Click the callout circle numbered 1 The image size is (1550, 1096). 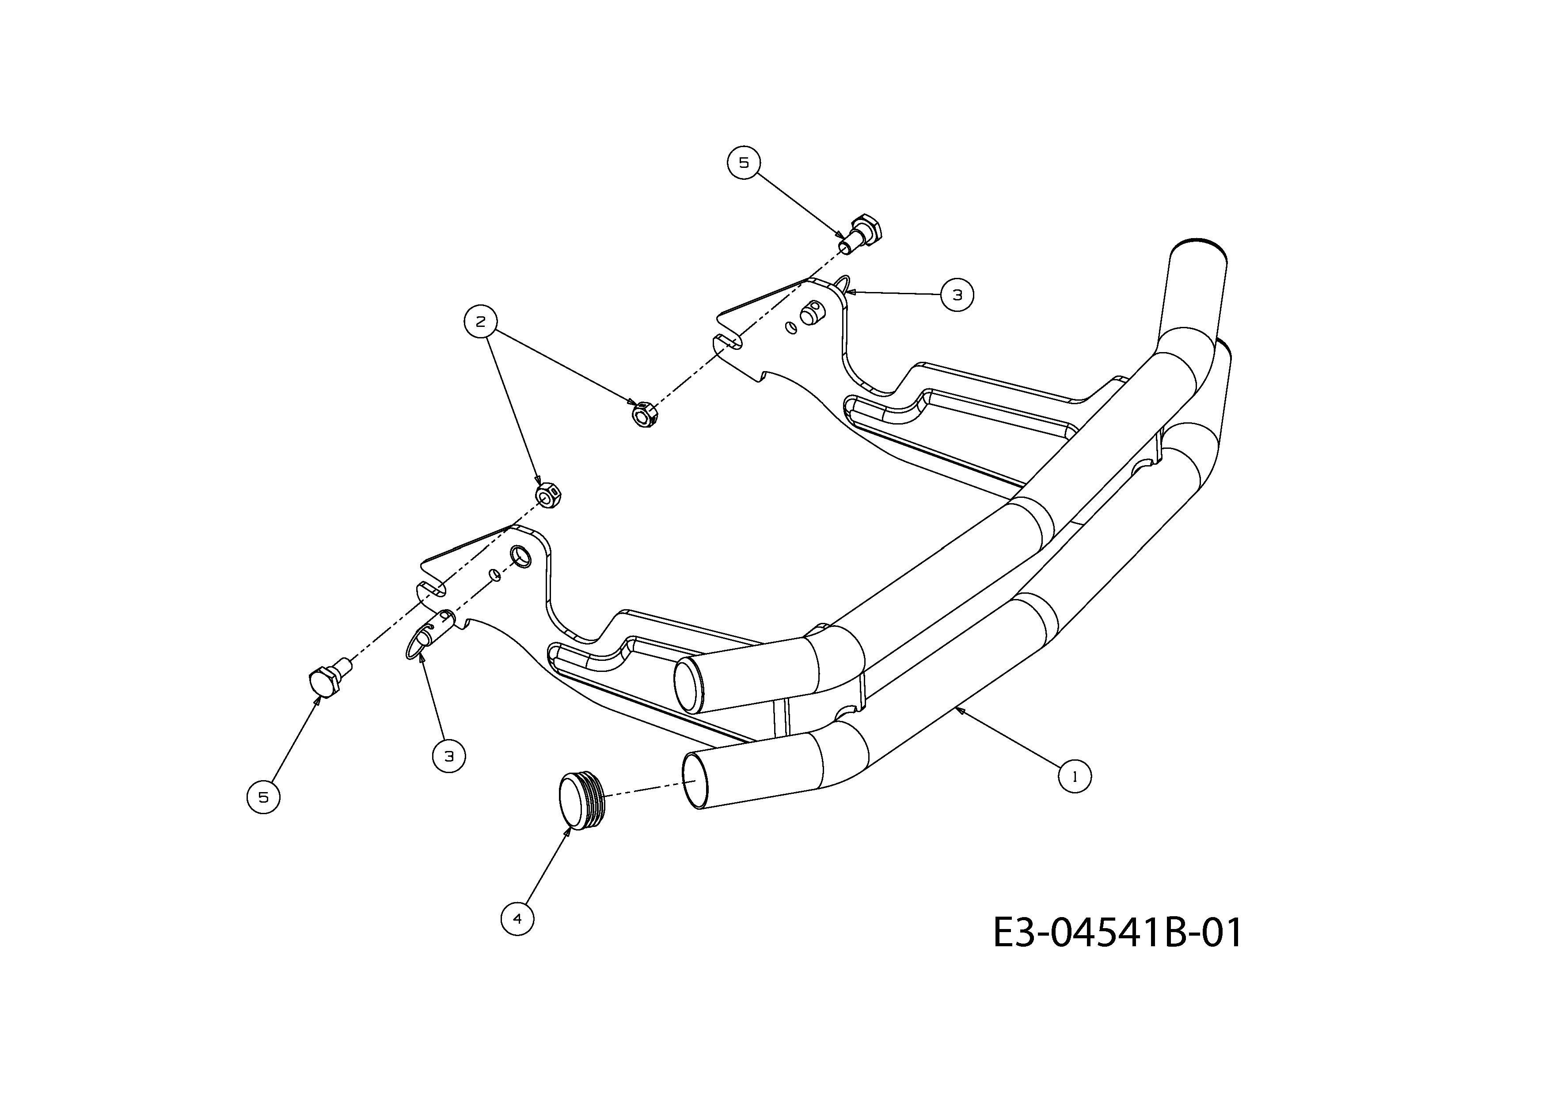tap(1074, 777)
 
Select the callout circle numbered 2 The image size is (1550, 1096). tap(481, 322)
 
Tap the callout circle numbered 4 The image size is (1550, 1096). tap(518, 918)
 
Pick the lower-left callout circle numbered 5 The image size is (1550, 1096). tap(264, 797)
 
